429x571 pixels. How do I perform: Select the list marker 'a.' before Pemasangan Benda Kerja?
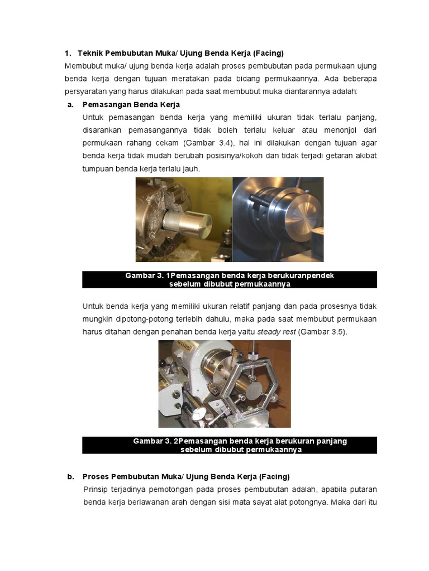70,104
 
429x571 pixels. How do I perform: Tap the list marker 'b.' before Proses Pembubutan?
70,477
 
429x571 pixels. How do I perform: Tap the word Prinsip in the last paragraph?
96,489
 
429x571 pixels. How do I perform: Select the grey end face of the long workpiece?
254,390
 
